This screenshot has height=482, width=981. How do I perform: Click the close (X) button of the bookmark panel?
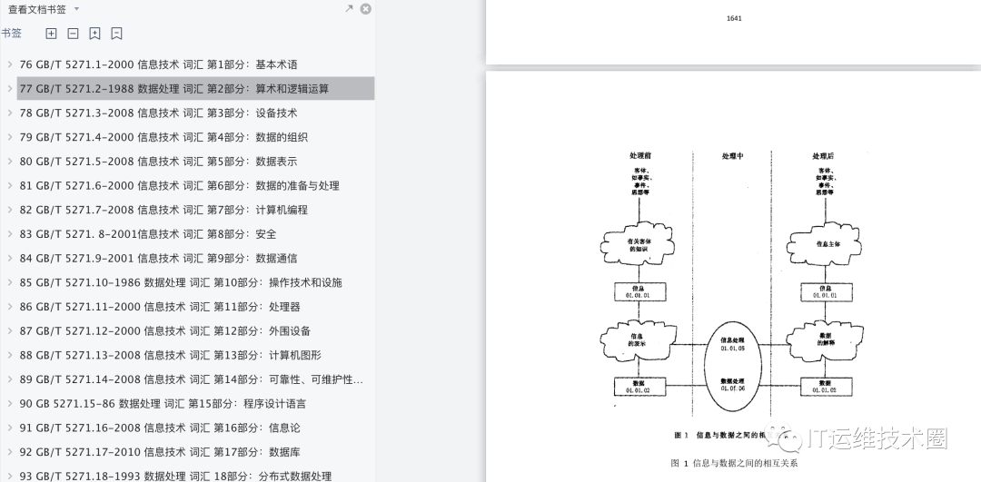(365, 9)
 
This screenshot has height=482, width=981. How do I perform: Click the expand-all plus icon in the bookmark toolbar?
(51, 34)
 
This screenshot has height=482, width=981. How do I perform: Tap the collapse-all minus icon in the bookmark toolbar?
(73, 34)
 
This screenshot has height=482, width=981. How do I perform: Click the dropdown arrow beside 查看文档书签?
(76, 9)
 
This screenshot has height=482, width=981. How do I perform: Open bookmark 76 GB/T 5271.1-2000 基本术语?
(158, 64)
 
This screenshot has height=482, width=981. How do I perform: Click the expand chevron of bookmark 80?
(9, 162)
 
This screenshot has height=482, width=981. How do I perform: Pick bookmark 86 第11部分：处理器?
(160, 307)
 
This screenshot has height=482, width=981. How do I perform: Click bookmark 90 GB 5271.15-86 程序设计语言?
(163, 403)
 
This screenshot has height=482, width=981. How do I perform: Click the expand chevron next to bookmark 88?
(9, 355)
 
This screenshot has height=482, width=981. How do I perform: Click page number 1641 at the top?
(734, 18)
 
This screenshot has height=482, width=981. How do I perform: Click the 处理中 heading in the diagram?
(732, 156)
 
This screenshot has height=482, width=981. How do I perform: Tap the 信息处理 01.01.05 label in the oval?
(732, 343)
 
